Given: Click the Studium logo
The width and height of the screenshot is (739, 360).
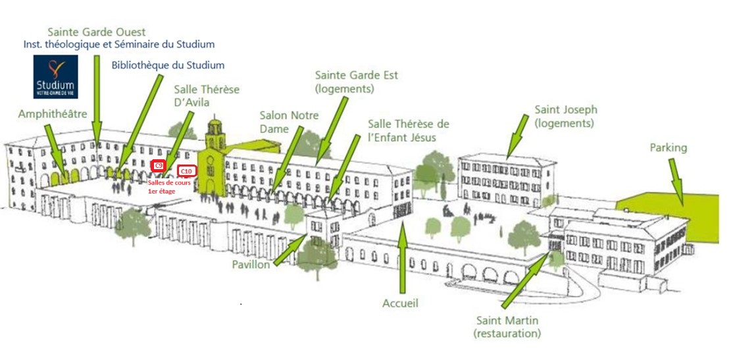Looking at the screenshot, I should [x=55, y=76].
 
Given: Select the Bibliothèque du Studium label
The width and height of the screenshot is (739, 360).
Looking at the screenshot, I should [x=168, y=65].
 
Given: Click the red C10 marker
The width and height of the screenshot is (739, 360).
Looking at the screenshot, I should [x=187, y=171].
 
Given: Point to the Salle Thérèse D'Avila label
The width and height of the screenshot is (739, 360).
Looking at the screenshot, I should [x=207, y=95].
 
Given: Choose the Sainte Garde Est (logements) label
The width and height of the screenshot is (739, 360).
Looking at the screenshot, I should [x=356, y=82].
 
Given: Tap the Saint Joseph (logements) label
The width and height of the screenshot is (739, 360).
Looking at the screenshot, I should [x=565, y=116].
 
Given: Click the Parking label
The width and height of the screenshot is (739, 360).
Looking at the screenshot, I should [x=668, y=147].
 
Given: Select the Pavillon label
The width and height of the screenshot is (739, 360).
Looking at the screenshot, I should [x=251, y=265].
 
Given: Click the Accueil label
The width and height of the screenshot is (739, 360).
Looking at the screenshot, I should [x=400, y=303].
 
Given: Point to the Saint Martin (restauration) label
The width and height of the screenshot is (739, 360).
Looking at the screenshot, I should [x=507, y=327].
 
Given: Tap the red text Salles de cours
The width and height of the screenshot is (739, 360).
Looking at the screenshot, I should [x=169, y=183].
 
